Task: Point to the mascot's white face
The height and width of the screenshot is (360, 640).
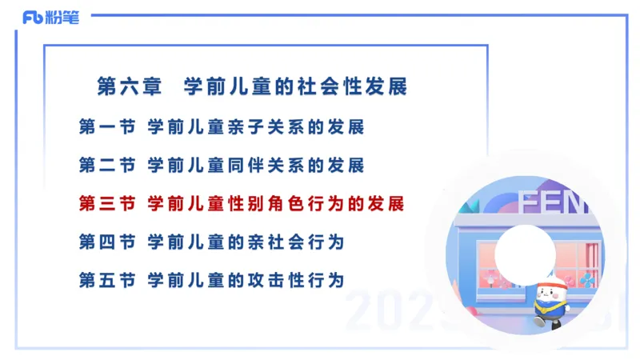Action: (546, 294)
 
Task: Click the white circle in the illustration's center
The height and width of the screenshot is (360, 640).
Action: (525, 253)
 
